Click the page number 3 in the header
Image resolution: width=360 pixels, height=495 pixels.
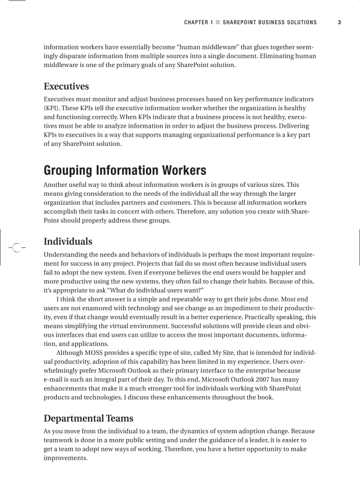tap(339, 22)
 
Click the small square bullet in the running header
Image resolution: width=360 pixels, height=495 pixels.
tap(217, 22)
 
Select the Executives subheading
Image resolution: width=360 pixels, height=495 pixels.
tap(66, 86)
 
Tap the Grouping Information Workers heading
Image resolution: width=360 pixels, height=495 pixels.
tap(125, 170)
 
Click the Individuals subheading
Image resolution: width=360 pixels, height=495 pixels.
tap(68, 242)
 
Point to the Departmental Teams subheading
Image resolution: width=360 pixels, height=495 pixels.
tap(88, 418)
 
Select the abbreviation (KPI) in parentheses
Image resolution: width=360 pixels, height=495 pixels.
tap(52, 108)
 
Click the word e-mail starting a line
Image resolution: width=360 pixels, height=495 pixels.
tap(53, 380)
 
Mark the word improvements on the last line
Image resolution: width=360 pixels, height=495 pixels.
tap(65, 458)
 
